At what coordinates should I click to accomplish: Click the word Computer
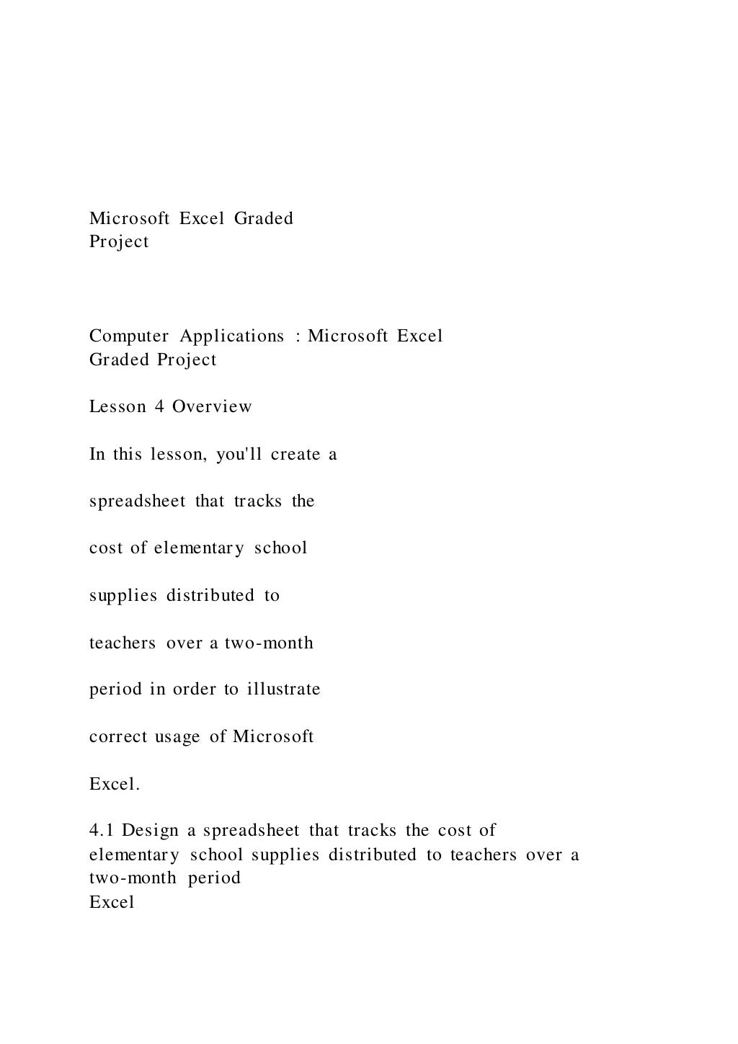(x=129, y=336)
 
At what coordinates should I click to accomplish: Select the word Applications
(x=231, y=336)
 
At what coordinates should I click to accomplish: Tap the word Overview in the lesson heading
(x=212, y=406)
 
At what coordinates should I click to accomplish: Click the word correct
(x=117, y=736)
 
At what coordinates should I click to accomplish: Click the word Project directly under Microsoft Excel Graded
(x=119, y=242)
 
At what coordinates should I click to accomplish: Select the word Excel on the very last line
(x=112, y=902)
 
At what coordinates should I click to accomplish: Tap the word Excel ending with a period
(x=114, y=784)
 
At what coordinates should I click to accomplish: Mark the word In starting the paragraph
(x=97, y=455)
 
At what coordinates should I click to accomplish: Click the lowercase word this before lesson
(x=128, y=455)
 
